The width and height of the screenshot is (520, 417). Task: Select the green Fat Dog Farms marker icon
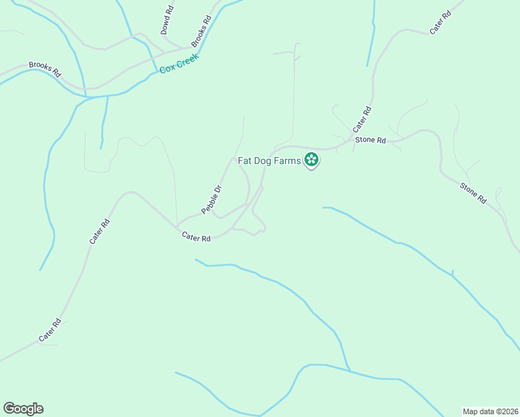click(x=311, y=161)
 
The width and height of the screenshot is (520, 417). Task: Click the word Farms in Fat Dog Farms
click(x=288, y=161)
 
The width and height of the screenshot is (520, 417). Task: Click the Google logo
click(x=23, y=409)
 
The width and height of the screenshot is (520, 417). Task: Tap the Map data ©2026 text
click(x=491, y=411)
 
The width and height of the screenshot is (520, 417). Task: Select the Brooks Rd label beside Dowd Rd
click(x=201, y=31)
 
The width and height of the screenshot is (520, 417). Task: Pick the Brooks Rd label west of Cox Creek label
click(x=45, y=68)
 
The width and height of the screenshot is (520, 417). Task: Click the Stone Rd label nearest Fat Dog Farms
click(x=370, y=140)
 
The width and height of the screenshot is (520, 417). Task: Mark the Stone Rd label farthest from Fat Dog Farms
click(x=473, y=192)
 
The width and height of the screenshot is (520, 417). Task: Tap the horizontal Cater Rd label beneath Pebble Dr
click(x=196, y=237)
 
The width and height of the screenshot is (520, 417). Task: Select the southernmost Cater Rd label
click(x=51, y=330)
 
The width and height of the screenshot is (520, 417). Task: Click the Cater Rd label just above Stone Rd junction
click(x=362, y=120)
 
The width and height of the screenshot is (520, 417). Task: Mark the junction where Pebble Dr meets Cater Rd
click(x=177, y=225)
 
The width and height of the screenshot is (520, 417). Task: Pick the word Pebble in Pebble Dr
click(x=209, y=203)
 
